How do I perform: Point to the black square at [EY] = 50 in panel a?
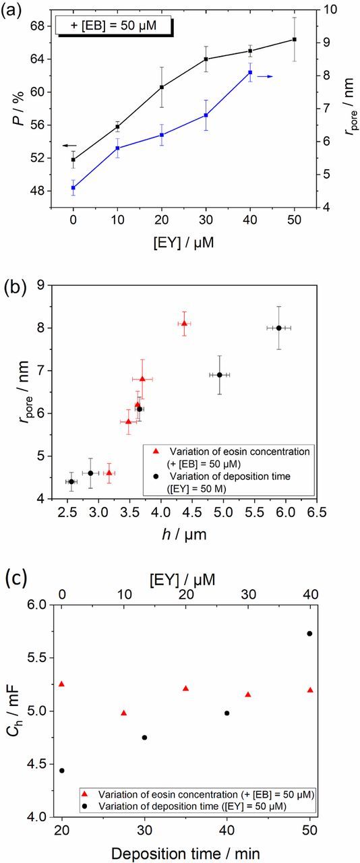point(294,40)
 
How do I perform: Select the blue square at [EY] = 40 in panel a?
point(250,72)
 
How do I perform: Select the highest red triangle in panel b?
point(184,324)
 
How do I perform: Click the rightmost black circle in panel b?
point(278,328)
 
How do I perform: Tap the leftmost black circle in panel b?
point(71,481)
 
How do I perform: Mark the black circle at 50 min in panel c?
point(309,633)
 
